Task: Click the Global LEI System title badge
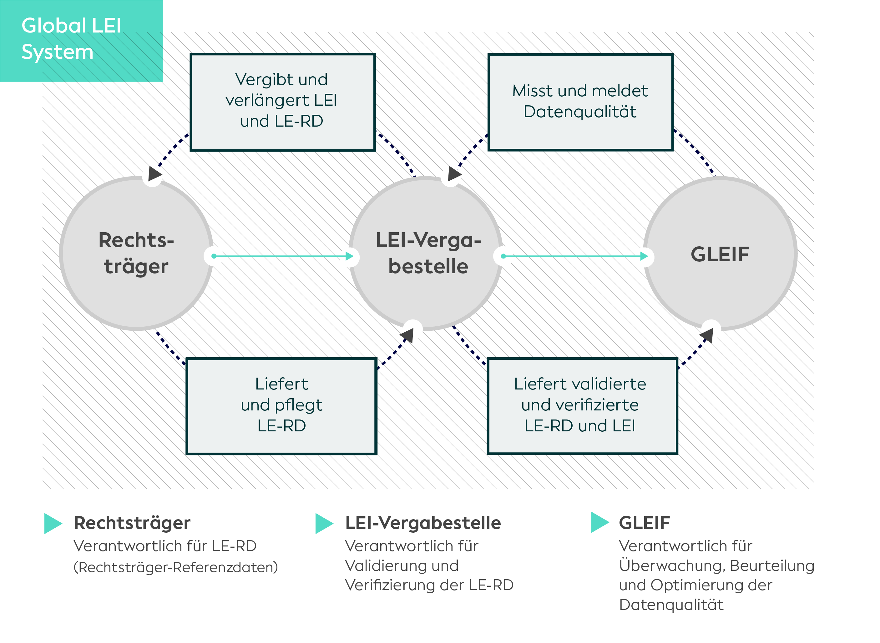(x=81, y=41)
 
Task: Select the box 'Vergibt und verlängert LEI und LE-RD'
(x=283, y=102)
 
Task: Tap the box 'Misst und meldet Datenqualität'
(x=580, y=102)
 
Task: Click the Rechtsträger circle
(x=136, y=254)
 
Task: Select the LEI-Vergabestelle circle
(x=426, y=254)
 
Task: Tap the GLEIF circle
(x=720, y=254)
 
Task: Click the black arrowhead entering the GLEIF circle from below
(x=707, y=335)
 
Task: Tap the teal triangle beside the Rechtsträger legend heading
(x=53, y=524)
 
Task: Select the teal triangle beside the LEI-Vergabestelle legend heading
(x=324, y=524)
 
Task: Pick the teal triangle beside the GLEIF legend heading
(x=600, y=522)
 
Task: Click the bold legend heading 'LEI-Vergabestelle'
(x=423, y=523)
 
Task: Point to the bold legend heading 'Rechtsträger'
(x=132, y=523)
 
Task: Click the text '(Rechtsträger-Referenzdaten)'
(x=176, y=567)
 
